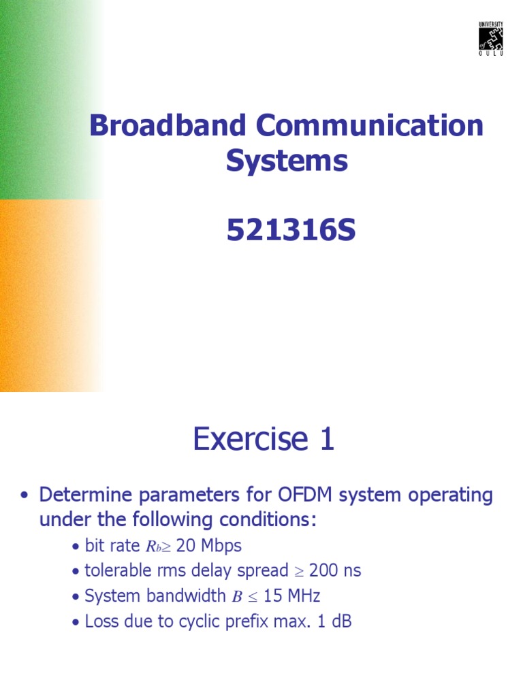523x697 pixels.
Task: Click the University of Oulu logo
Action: point(491,39)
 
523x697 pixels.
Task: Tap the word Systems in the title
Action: point(287,162)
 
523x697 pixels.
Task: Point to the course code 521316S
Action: point(291,231)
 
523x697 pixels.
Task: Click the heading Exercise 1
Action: point(264,439)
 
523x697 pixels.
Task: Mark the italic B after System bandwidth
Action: point(237,597)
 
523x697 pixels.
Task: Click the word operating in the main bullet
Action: point(456,495)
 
